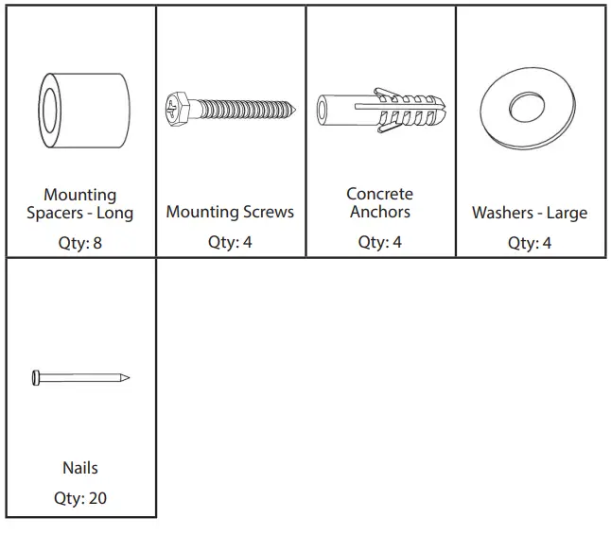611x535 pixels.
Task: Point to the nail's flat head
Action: [x=36, y=378]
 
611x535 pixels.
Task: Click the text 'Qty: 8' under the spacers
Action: [x=80, y=243]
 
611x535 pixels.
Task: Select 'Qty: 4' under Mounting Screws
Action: [x=230, y=243]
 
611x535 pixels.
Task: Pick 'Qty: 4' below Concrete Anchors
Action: [x=379, y=243]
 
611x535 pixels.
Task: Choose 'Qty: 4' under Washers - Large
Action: [x=530, y=243]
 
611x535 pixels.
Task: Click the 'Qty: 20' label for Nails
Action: [x=80, y=498]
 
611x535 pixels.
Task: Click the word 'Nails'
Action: [x=80, y=468]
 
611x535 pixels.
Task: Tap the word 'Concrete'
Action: [x=379, y=194]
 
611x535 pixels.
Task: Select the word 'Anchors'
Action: [x=379, y=212]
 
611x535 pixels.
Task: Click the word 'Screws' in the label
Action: [x=269, y=213]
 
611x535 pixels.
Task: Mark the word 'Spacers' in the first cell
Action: [x=54, y=214]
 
